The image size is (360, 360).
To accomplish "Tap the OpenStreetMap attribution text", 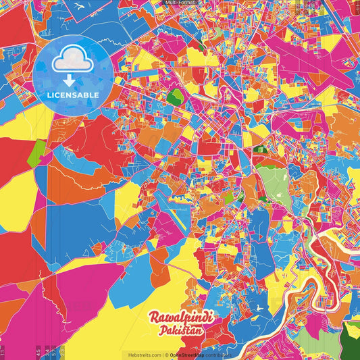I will pos(189,355).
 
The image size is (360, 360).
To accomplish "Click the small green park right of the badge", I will pos(176,97).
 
